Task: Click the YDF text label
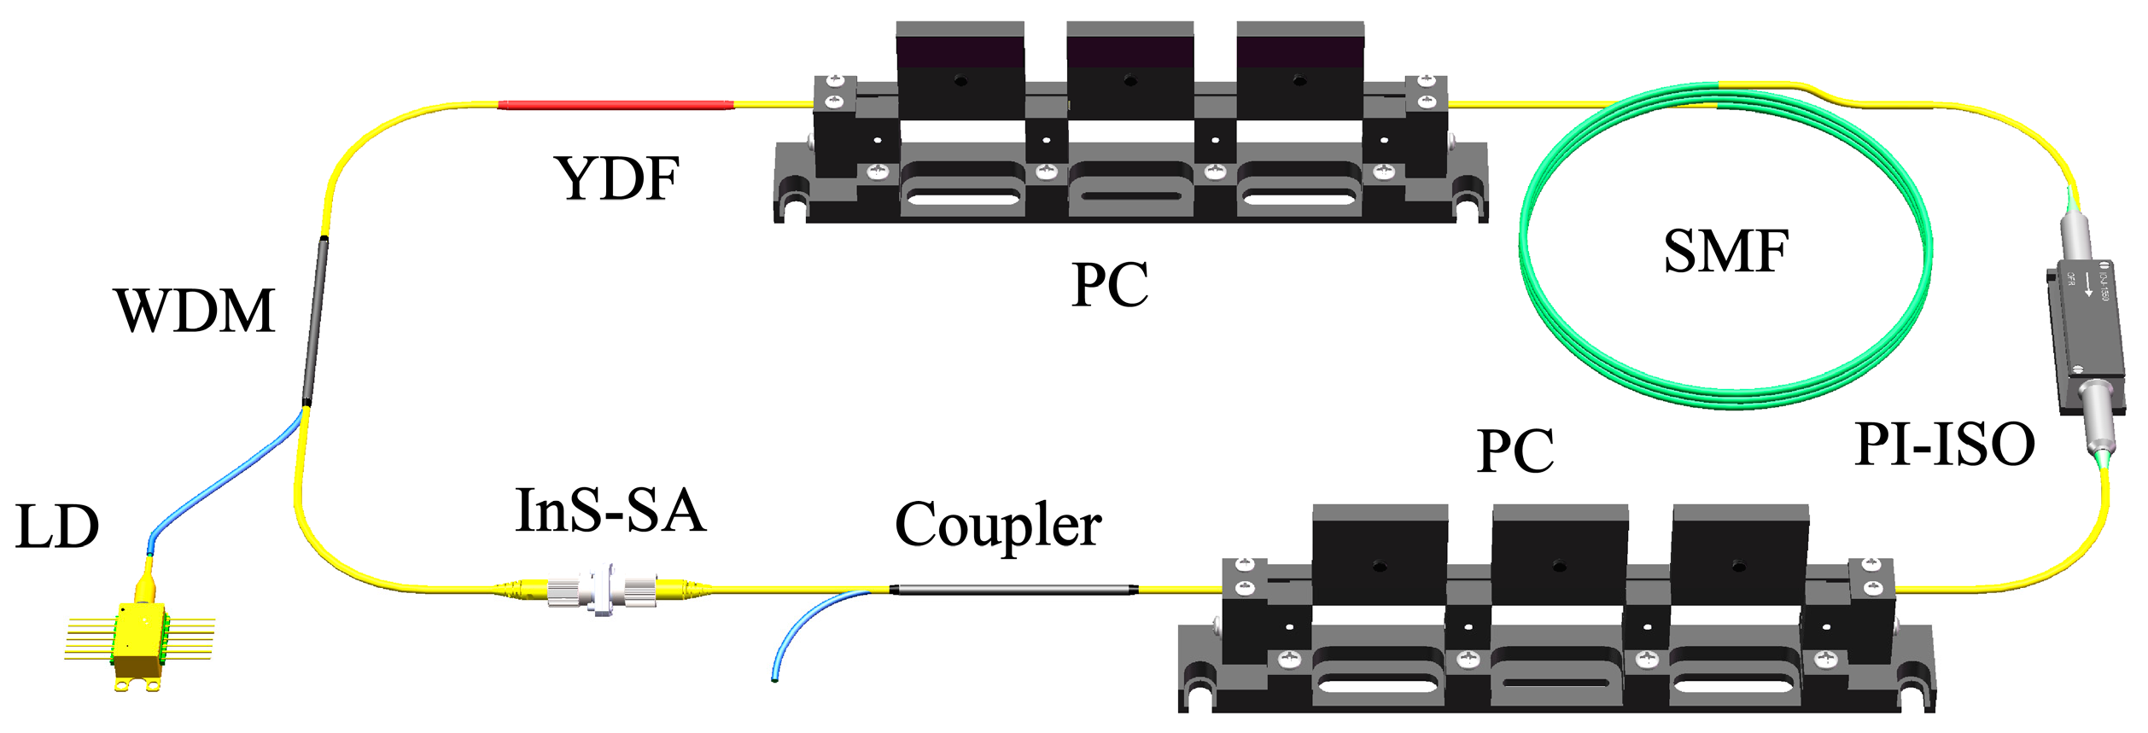pos(617,178)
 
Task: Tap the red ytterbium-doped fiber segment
pos(615,105)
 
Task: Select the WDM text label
pos(195,311)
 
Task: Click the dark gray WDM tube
pos(315,320)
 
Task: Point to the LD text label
pos(57,526)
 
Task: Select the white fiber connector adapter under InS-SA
pos(602,589)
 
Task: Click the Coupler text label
pos(997,525)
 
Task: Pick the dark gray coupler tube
pos(1013,589)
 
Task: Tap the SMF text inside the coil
pos(1725,251)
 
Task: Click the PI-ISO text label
pos(1944,445)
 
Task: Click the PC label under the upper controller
pos(1109,285)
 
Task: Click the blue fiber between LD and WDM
pos(222,478)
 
